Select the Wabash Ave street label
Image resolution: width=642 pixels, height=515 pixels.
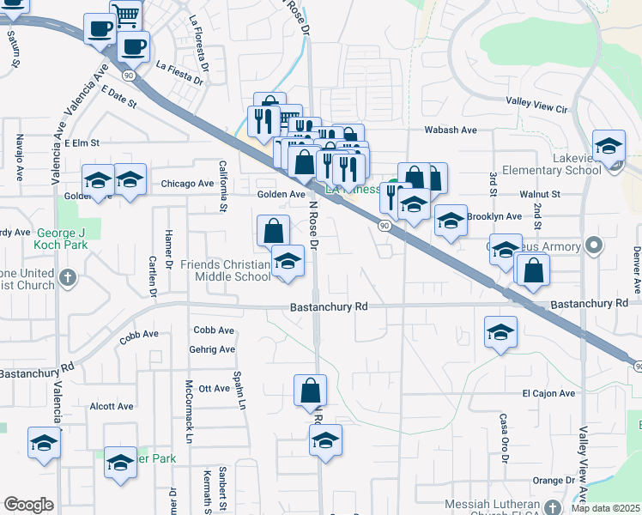click(x=451, y=130)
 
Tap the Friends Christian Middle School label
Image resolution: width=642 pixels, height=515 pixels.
click(x=225, y=270)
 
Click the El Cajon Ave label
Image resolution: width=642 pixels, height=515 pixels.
click(x=548, y=393)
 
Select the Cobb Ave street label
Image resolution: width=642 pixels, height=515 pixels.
click(x=139, y=335)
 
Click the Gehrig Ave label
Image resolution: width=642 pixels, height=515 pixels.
click(x=214, y=349)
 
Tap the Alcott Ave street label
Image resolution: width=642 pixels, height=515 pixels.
click(x=112, y=406)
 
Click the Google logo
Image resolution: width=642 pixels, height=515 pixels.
click(x=28, y=505)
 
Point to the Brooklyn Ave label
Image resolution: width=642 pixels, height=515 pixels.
click(x=494, y=216)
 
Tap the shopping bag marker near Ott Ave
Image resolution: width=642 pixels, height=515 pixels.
click(x=310, y=391)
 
